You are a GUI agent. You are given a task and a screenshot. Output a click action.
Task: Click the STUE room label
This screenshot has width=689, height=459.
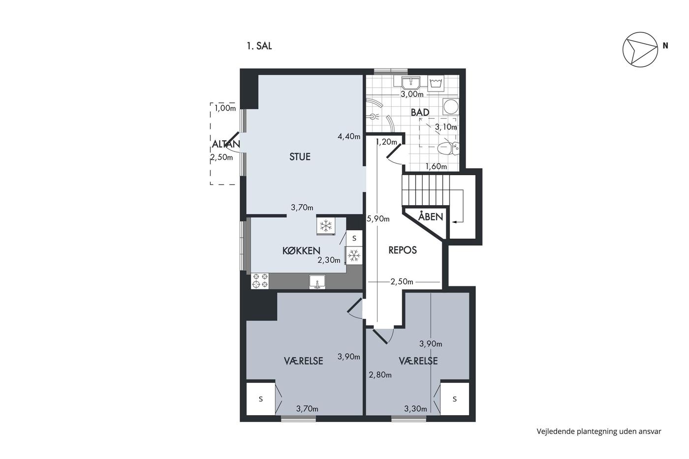(x=300, y=157)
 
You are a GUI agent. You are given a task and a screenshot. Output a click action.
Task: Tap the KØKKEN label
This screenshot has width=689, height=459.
(x=301, y=251)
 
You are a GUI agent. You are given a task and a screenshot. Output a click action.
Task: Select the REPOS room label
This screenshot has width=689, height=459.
(x=403, y=250)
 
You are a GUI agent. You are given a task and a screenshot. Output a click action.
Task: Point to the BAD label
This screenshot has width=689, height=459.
(x=420, y=113)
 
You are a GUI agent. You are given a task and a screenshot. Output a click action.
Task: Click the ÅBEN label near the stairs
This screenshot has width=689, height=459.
(x=431, y=217)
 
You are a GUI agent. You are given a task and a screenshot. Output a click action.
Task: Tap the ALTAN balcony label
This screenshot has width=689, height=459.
(x=226, y=144)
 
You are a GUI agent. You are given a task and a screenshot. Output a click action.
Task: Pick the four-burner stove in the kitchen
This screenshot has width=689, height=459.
(x=260, y=281)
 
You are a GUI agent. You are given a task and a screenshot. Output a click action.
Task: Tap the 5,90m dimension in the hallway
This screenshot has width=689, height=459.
(x=378, y=219)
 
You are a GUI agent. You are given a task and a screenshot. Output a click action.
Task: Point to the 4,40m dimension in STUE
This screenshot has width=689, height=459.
(x=349, y=136)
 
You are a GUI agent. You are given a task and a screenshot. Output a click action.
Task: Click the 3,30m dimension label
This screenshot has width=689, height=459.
(x=415, y=409)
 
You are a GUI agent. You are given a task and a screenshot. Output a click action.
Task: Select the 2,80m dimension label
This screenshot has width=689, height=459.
(x=380, y=375)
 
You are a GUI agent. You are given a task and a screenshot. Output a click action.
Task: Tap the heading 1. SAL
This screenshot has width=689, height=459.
(x=259, y=46)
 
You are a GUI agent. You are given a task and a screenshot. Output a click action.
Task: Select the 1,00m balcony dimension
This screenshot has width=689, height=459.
(x=225, y=108)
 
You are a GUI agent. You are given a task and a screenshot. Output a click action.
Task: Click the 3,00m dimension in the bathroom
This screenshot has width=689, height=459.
(x=412, y=94)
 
